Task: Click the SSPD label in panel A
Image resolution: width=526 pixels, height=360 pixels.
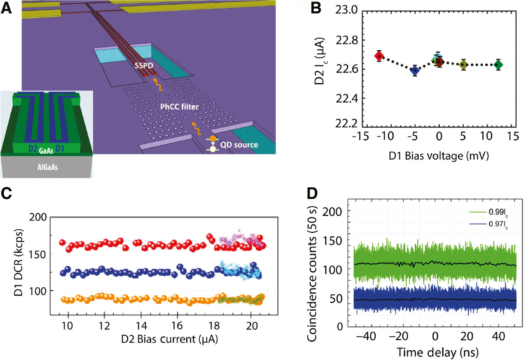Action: tap(144, 65)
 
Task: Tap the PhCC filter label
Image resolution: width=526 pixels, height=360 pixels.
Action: tap(180, 106)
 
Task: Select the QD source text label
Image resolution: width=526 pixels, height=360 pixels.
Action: tap(239, 145)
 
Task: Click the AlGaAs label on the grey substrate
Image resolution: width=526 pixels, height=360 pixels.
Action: tap(47, 167)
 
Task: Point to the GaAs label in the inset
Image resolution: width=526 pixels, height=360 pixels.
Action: tap(46, 151)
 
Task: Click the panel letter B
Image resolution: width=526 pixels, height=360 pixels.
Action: tap(316, 8)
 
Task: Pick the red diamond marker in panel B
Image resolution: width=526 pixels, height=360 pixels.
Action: tap(379, 56)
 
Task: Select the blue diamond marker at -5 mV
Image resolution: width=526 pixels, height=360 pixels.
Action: tap(415, 70)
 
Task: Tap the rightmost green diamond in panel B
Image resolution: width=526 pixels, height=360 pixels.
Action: tap(499, 65)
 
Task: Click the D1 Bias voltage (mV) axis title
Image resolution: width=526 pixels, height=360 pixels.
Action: tap(439, 156)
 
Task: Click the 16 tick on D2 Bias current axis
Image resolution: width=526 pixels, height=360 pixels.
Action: tap(177, 326)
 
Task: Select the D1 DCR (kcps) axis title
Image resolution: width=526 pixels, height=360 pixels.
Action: tap(18, 262)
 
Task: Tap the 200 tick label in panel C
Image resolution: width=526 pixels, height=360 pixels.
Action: tap(38, 217)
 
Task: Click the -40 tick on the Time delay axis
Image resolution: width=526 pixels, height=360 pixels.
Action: tap(366, 336)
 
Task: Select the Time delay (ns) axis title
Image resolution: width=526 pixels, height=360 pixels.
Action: tap(437, 352)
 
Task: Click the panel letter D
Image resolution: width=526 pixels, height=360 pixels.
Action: tap(313, 193)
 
